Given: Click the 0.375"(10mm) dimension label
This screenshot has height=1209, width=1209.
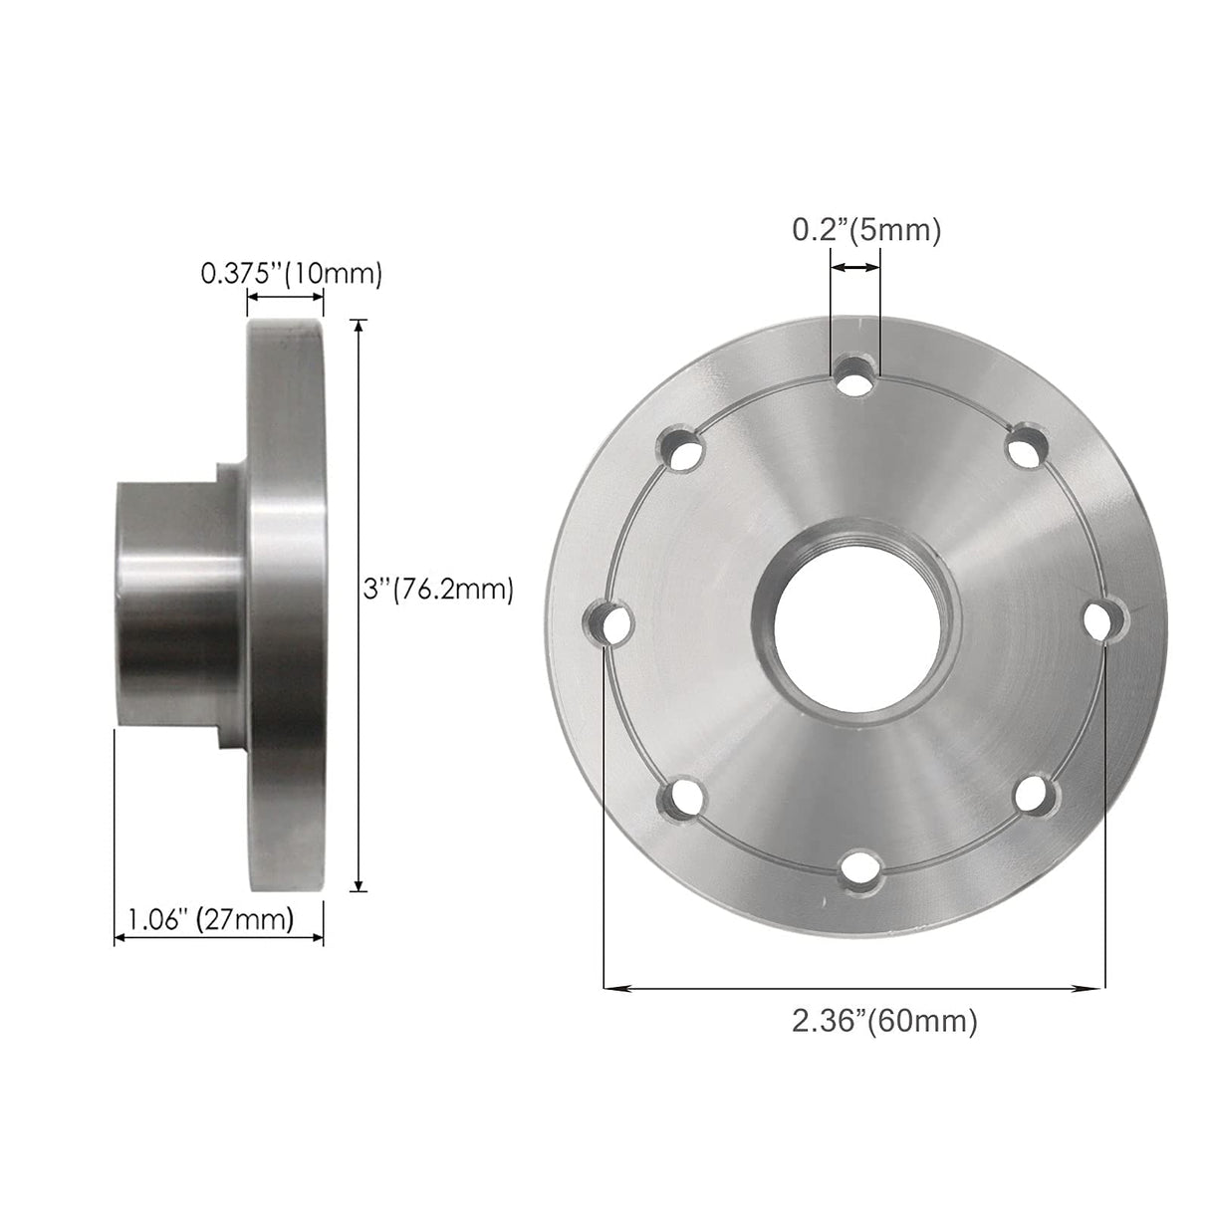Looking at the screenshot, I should (291, 274).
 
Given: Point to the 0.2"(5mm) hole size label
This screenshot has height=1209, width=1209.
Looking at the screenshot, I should (865, 230).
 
